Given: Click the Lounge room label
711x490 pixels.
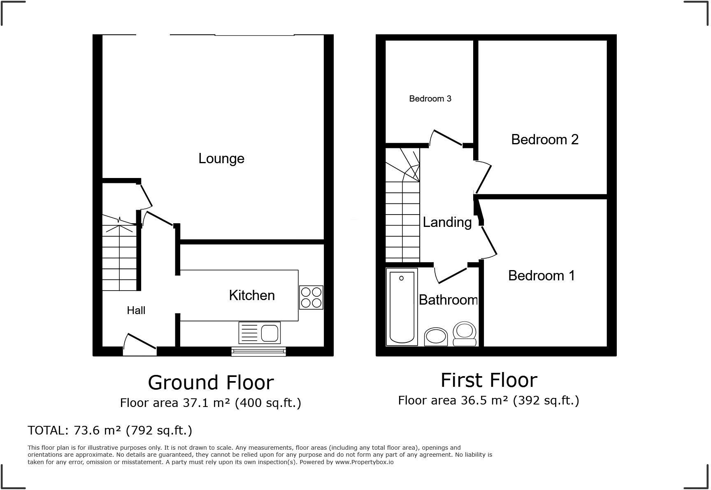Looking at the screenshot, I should click(x=221, y=158).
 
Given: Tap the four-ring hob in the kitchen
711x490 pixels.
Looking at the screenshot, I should click(x=311, y=297).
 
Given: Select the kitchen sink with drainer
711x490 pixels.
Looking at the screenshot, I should click(x=259, y=332).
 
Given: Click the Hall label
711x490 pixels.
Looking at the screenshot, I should click(x=136, y=310).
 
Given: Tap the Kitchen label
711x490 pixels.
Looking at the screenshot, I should click(x=252, y=295).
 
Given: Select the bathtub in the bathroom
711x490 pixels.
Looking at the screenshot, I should click(x=402, y=307).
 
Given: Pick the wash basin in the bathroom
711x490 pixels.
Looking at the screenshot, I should click(x=436, y=337).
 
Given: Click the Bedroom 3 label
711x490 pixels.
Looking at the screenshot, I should click(x=430, y=99).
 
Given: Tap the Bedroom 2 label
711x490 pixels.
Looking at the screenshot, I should click(x=545, y=140).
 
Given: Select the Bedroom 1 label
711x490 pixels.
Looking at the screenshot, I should click(x=541, y=275).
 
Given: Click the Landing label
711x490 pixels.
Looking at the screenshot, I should click(x=447, y=222).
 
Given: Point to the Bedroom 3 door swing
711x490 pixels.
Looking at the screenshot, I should click(x=446, y=138).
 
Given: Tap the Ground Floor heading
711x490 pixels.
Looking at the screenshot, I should click(x=211, y=382).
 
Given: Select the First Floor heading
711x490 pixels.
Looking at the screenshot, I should click(x=489, y=380).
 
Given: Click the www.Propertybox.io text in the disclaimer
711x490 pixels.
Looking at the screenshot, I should click(x=364, y=462).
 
